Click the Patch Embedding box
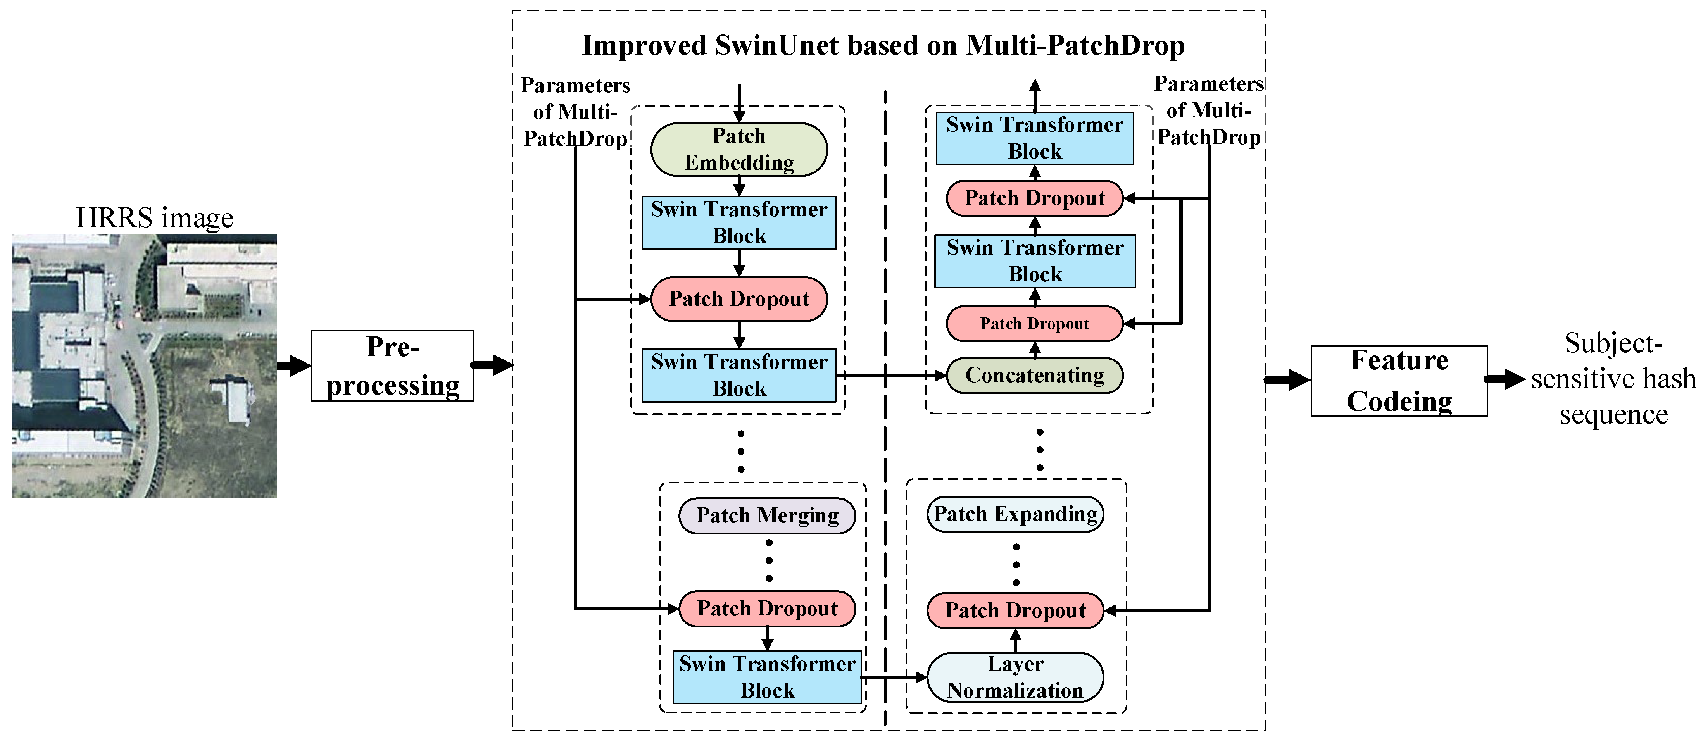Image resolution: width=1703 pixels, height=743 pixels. (739, 149)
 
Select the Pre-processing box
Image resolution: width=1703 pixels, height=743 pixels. (393, 365)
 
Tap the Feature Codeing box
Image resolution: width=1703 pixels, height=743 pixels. (1399, 381)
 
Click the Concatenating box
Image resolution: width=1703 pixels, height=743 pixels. (1035, 376)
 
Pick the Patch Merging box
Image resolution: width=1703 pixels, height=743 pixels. (767, 515)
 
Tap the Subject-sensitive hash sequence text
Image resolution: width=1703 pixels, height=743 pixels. (1613, 379)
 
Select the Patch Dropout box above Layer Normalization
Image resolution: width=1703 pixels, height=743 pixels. (1015, 610)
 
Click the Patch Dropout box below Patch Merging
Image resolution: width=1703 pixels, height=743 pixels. (767, 608)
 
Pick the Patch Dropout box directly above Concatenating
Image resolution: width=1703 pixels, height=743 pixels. (1035, 323)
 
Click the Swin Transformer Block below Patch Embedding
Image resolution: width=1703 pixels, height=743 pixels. (739, 223)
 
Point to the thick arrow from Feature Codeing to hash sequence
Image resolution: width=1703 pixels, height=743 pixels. (1505, 379)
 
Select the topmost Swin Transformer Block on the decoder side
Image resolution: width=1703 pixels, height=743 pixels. (1035, 138)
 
